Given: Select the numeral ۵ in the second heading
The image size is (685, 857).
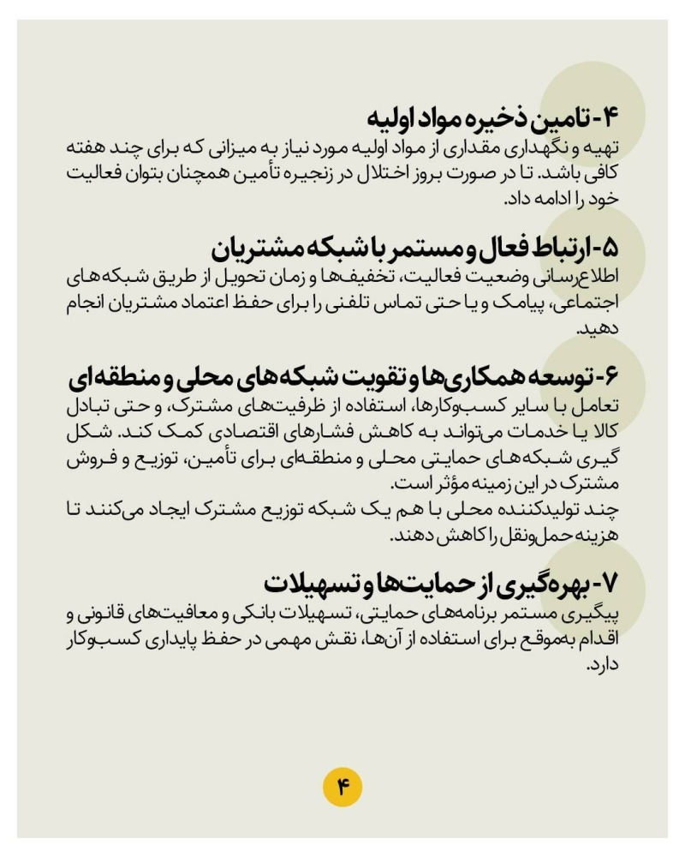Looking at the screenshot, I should [605, 249].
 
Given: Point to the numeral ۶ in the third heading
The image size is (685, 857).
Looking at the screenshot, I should [606, 377].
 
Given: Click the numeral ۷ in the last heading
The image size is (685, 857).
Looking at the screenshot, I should [605, 585].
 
